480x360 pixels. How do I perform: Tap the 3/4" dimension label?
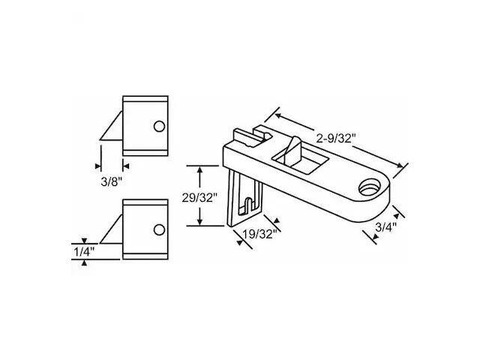pos(385,224)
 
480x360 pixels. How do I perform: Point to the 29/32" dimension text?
pos(199,197)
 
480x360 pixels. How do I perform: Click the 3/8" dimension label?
pos(110,180)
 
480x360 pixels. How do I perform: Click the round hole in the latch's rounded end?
pos(370,185)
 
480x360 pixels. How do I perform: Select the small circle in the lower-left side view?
pos(159,229)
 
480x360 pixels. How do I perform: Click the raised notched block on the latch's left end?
pos(247,138)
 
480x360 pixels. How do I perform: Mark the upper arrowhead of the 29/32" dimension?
pos(199,169)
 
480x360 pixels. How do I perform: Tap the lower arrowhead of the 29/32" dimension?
pos(199,223)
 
